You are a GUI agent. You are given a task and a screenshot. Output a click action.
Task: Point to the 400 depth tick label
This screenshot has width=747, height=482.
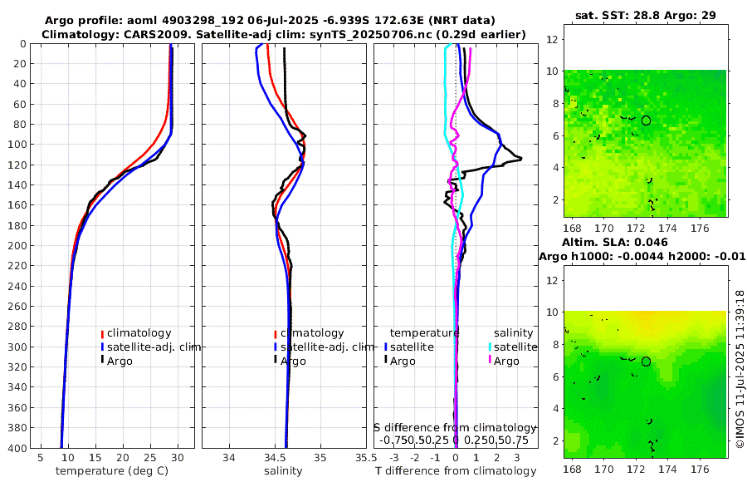16,447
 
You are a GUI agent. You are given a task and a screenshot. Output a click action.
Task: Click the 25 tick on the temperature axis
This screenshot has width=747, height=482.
150,458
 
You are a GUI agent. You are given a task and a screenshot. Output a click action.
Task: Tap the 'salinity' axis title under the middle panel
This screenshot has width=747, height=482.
282,471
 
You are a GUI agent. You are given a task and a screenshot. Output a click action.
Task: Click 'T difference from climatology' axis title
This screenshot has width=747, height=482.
456,471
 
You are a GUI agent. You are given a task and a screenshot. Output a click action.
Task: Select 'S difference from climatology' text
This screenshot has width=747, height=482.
456,426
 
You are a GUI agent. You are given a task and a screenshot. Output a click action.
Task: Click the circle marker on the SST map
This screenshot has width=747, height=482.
646,120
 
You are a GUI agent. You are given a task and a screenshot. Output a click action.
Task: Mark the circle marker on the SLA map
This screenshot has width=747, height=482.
646,361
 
